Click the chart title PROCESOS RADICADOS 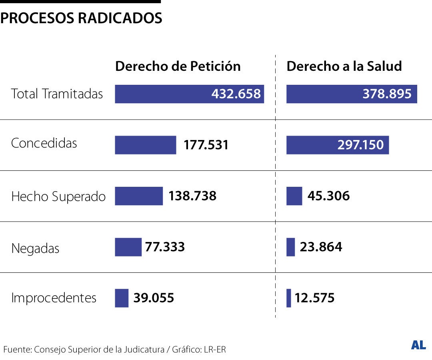tap(81, 18)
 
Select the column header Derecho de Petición tap(178, 66)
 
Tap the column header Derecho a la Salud tap(344, 66)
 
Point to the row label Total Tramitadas tap(57, 94)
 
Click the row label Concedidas tap(44, 143)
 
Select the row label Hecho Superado tap(58, 196)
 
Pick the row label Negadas tap(35, 248)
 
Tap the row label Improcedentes tap(54, 298)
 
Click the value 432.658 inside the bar tap(236, 94)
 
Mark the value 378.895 tap(387, 94)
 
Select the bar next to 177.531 tap(145, 145)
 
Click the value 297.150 tap(360, 145)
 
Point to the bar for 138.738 tap(139, 196)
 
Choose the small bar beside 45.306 tap(294, 196)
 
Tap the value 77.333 tap(165, 247)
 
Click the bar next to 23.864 tap(290, 247)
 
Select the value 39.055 tap(154, 298)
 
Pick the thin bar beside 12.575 tap(289, 298)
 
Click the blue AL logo tap(418, 346)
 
